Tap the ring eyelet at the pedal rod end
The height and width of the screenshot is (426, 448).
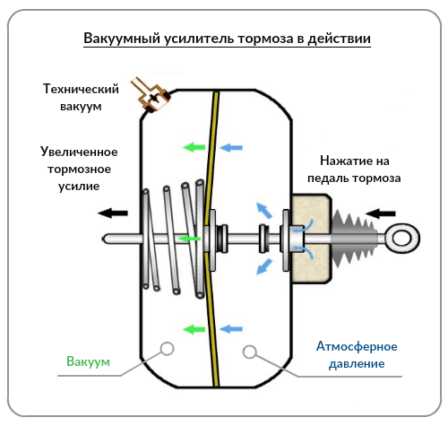[403, 239]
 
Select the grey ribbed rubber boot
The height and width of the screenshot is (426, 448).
[357, 239]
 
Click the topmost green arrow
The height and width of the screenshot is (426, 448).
[191, 146]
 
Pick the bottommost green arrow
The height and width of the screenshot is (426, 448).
[191, 328]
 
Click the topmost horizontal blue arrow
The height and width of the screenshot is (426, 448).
[232, 146]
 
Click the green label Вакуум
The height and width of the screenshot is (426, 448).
[87, 361]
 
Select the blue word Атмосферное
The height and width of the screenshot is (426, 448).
[356, 347]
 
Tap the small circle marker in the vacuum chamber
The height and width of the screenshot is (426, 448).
[167, 349]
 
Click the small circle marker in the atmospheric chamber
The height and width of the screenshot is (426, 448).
[250, 349]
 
